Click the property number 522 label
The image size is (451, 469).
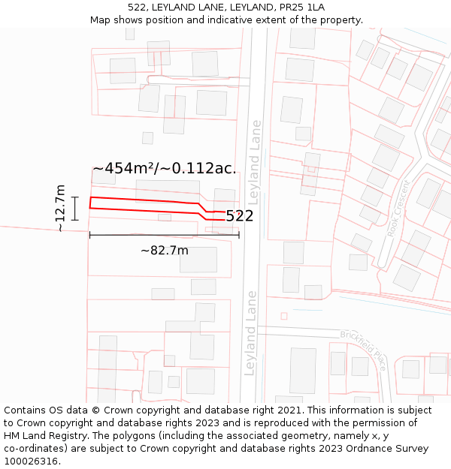pos(239,216)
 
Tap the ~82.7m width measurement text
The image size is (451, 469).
pos(164,250)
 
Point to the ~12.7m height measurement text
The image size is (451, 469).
pos(61,209)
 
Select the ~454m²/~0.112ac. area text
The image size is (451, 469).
pos(164,168)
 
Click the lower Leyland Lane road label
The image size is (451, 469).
pos(250,333)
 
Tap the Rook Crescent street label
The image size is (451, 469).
pos(398,209)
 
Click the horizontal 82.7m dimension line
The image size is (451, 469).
pos(164,235)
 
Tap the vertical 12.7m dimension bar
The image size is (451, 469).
pos(75,208)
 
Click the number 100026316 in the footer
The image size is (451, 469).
pos(32,461)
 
